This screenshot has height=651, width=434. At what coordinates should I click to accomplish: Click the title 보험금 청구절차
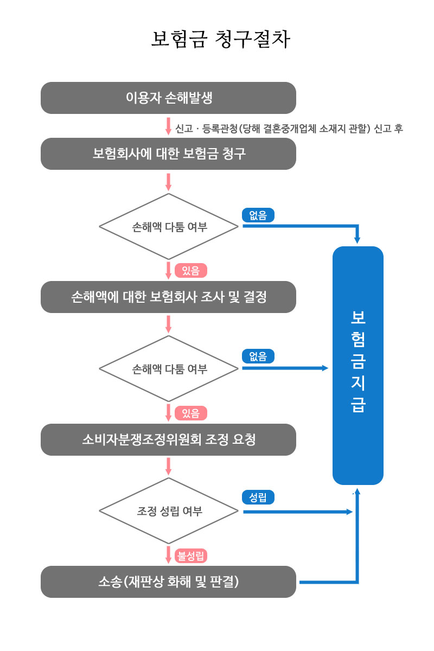tap(221, 39)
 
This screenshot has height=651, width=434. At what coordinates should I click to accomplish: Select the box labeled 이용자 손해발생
tap(168, 98)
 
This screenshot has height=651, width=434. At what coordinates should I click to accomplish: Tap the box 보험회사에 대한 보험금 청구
tap(168, 154)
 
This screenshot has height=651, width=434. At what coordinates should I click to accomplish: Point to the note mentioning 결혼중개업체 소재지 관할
tap(289, 129)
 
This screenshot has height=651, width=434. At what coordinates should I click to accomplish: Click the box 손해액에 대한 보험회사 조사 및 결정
tap(168, 297)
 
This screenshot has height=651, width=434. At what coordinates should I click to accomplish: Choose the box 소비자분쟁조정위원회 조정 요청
tap(168, 439)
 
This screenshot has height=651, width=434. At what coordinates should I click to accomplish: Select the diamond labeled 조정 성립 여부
tap(169, 511)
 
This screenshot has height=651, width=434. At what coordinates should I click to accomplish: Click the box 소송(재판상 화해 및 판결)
tap(168, 582)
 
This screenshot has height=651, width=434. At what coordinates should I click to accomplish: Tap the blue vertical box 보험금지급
tap(358, 366)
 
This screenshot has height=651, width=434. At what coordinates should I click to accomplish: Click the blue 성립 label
tap(258, 497)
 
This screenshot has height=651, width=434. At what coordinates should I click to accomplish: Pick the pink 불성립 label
tap(191, 556)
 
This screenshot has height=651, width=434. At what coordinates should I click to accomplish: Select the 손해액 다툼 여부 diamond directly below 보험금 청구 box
tap(169, 227)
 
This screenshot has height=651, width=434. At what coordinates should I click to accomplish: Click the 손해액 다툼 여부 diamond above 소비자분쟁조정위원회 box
tap(169, 368)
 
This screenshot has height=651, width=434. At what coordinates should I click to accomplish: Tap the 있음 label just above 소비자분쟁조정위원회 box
tap(191, 413)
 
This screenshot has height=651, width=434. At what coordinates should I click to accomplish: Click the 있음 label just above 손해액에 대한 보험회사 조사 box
tap(191, 271)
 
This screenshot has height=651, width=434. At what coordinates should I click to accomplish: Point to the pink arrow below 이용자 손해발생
tap(168, 126)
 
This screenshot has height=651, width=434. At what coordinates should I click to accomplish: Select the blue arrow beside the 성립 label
tap(298, 512)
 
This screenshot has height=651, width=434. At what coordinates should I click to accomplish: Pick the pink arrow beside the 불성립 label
tap(168, 555)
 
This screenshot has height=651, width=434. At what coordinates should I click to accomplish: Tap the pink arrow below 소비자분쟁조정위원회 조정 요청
tap(168, 467)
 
